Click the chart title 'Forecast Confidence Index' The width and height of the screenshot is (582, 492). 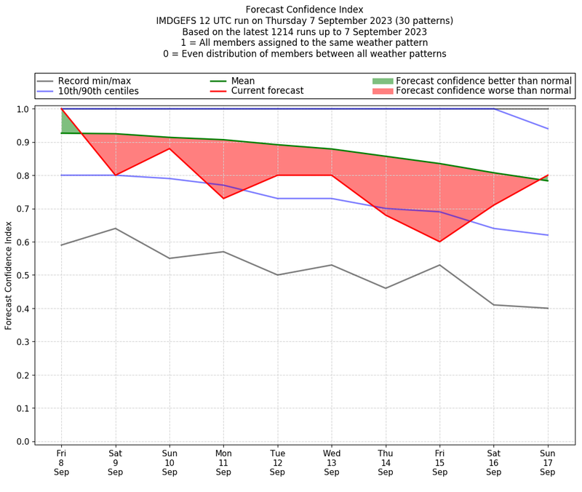[x=304, y=9]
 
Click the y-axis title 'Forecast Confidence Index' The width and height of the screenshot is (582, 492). [x=9, y=274]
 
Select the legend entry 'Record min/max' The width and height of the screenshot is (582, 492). [x=94, y=81]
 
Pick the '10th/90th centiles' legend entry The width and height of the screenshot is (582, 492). [x=98, y=91]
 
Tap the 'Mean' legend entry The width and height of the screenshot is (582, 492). [x=243, y=81]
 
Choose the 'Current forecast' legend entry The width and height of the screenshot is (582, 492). [x=267, y=91]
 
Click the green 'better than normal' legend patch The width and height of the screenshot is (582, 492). [x=382, y=81]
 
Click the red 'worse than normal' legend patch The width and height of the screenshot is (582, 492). [x=382, y=91]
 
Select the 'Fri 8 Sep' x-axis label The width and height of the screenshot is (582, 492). [x=61, y=462]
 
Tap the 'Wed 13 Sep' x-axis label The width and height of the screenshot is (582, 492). [x=332, y=462]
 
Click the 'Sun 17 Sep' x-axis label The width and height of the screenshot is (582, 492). [x=548, y=462]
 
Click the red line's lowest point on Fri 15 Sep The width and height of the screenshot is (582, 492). [x=439, y=242]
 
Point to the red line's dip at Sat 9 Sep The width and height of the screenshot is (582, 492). [x=115, y=175]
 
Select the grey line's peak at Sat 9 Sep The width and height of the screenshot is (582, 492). [x=115, y=229]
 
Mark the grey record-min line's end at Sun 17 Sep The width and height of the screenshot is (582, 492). [x=548, y=309]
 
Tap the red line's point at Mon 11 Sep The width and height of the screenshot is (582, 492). [x=223, y=199]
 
